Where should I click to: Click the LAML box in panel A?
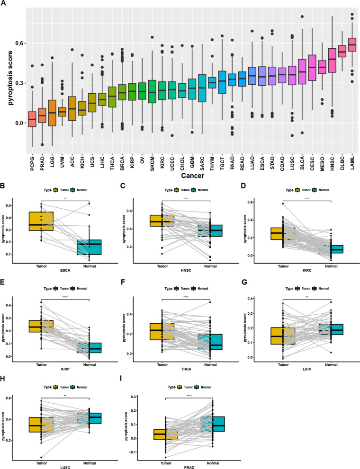[351, 44]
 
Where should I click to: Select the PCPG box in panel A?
[32, 119]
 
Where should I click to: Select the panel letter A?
[4, 4]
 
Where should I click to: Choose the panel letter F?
[125, 283]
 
